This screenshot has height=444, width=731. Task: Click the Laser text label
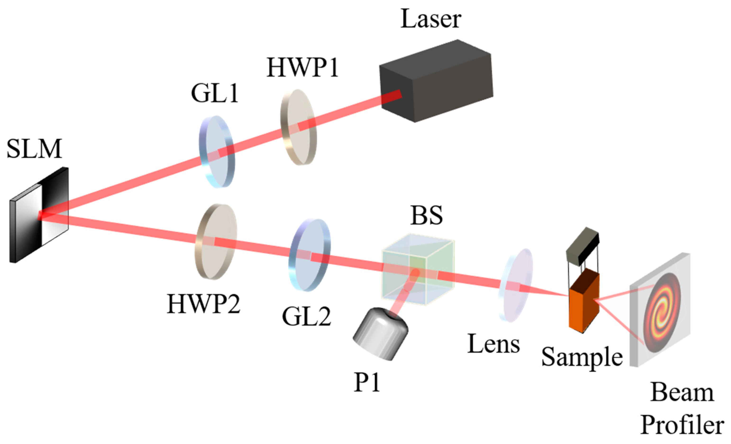(431, 19)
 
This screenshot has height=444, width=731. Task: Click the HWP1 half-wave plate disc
(298, 127)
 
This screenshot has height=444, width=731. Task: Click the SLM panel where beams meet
(41, 215)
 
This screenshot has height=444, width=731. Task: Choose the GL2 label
(306, 317)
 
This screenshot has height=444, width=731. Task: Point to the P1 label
(367, 383)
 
